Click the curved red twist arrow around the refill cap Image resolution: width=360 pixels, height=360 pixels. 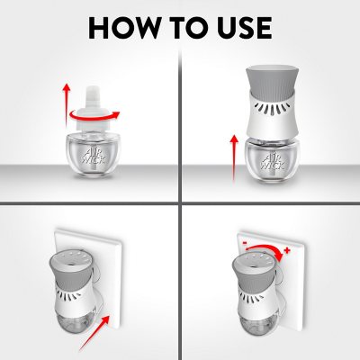(x=94, y=115)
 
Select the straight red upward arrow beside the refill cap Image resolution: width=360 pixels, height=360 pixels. (x=67, y=105)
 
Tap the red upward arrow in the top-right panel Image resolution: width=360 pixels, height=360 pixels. (x=234, y=158)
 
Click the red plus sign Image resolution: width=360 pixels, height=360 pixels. (x=287, y=250)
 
